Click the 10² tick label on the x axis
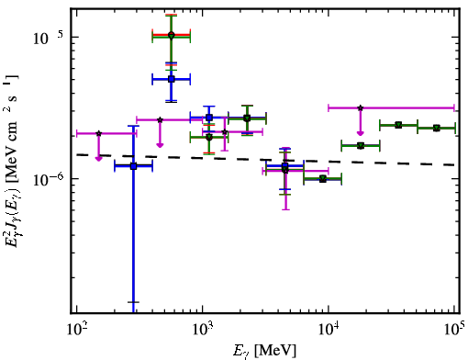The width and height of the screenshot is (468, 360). coord(76,330)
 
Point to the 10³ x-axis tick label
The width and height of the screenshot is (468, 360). coord(203,330)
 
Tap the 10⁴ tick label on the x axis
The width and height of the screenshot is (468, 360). coord(329,330)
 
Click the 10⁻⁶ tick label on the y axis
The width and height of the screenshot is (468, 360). coord(50,179)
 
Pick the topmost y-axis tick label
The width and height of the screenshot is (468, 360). coord(49,38)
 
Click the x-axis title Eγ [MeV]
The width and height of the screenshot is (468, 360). coord(264,351)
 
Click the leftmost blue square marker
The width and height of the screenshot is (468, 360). coord(133,166)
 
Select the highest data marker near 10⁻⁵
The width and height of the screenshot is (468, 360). coord(172,36)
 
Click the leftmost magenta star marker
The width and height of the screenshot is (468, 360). coord(98,133)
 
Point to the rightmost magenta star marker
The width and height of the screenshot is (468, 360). coord(361,107)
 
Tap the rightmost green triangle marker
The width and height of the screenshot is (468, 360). coord(437,128)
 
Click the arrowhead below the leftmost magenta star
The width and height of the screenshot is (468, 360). coord(98,158)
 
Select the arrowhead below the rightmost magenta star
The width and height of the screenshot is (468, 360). coord(361,133)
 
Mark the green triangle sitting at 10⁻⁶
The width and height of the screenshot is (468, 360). coord(323,179)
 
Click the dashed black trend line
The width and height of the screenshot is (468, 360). coord(265,160)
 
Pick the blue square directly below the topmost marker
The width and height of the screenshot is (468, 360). coord(172,79)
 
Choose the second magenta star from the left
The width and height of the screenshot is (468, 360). coord(160,119)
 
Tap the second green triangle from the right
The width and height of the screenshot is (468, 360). coord(398,125)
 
